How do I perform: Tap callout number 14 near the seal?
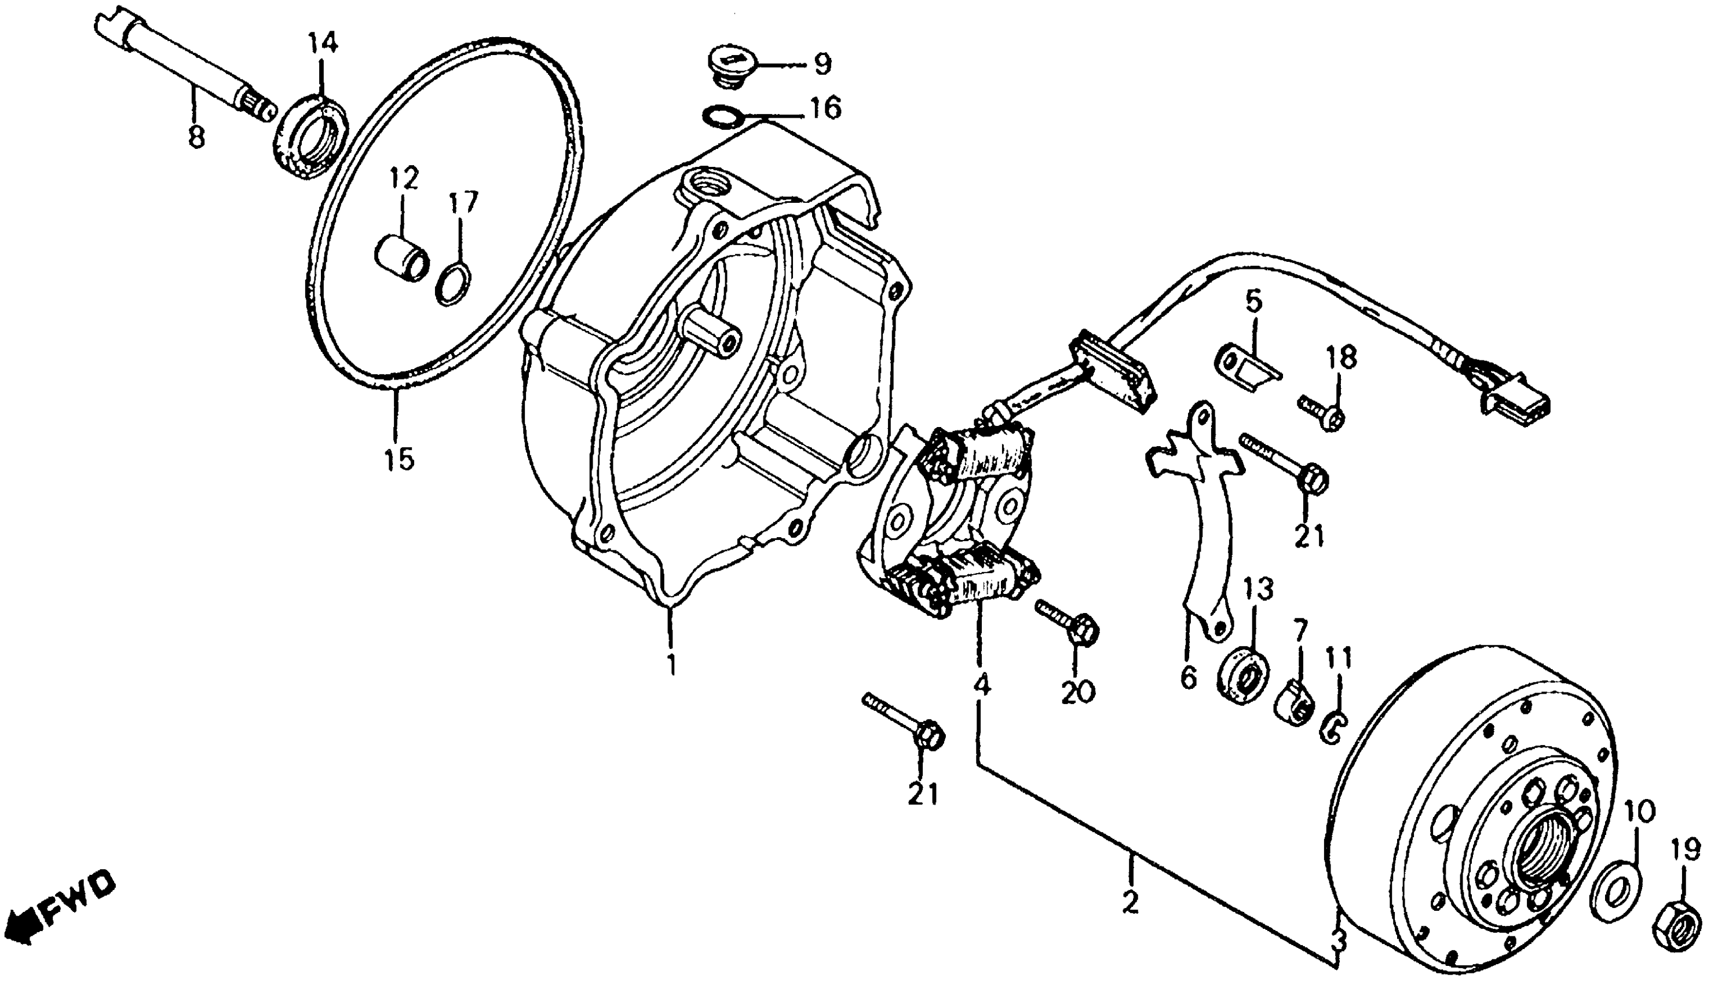[x=323, y=43]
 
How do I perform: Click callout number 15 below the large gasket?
[x=399, y=459]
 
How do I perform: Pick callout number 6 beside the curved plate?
[x=1188, y=677]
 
